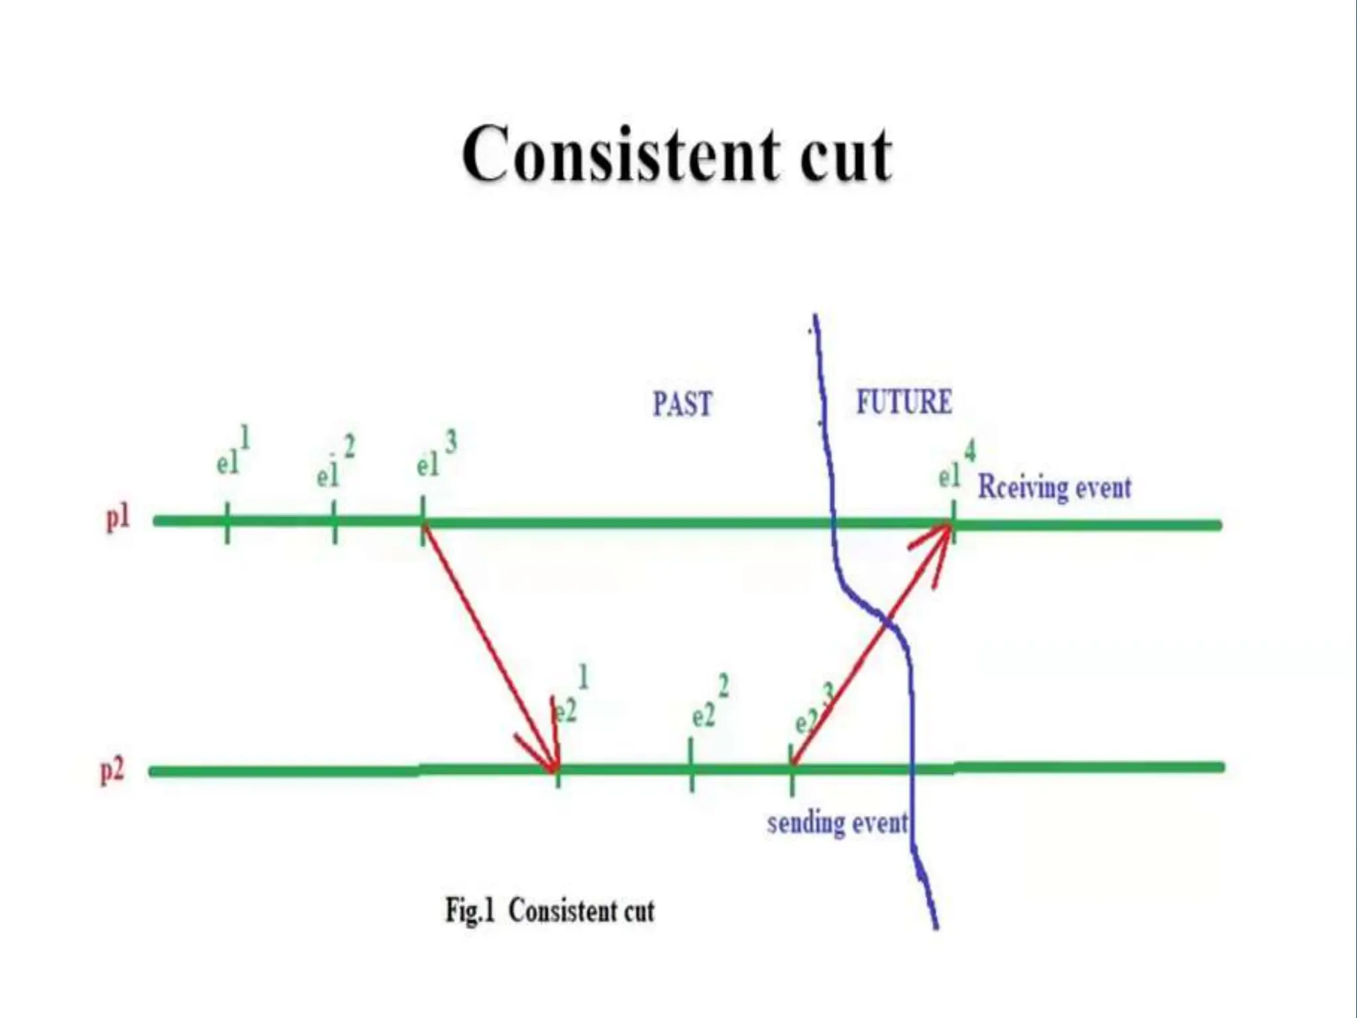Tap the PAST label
coord(682,404)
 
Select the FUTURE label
coord(904,402)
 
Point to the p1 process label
coord(118,518)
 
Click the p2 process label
coord(112,771)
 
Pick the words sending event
coord(837,823)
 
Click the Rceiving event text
coord(1054,488)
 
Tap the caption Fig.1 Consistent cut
coord(549,910)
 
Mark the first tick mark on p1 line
coord(227,522)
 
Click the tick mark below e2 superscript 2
coord(692,766)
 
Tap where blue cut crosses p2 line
coord(912,768)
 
